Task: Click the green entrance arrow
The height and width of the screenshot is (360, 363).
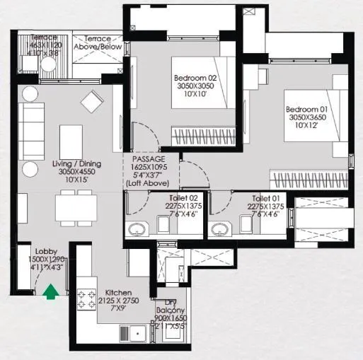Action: (51, 291)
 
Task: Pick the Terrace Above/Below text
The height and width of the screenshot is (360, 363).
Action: (103, 43)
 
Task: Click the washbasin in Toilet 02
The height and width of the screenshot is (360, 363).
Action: (136, 228)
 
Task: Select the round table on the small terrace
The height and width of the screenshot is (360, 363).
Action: (47, 64)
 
